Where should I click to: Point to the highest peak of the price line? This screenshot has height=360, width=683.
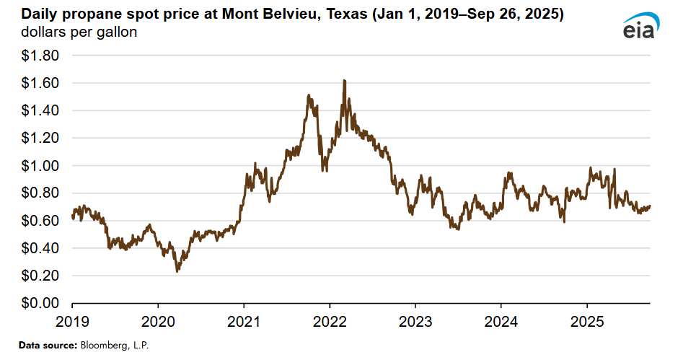point(345,81)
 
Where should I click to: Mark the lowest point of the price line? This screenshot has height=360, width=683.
point(177,271)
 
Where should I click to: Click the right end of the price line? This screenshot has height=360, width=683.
point(650,206)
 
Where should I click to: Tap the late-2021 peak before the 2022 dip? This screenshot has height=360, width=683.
point(309,95)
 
